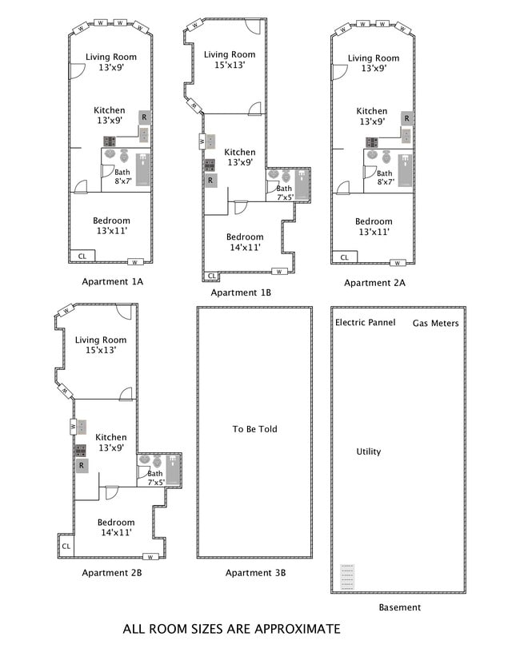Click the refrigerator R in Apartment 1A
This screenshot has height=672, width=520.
tap(144, 117)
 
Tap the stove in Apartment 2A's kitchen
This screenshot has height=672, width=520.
tap(371, 142)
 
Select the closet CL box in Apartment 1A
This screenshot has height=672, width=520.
tap(82, 256)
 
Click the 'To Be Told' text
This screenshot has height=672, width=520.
tap(255, 429)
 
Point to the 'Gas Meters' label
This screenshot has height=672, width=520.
tap(435, 323)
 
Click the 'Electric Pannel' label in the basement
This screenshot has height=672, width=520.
tap(365, 322)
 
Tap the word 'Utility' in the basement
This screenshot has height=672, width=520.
tap(369, 451)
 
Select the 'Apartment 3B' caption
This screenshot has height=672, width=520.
tap(255, 573)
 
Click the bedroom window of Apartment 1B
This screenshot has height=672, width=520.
tap(279, 272)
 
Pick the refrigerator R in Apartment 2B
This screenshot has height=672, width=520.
tap(82, 465)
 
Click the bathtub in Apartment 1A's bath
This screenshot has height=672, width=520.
tap(143, 169)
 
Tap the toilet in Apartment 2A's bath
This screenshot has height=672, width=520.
tap(386, 157)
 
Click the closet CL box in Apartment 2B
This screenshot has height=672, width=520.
tap(66, 546)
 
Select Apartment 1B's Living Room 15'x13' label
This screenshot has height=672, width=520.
tap(230, 60)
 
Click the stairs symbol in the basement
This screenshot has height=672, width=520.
tap(347, 577)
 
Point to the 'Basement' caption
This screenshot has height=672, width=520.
tap(400, 607)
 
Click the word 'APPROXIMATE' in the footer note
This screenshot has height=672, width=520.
tap(298, 629)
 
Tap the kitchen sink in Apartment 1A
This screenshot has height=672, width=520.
tap(144, 134)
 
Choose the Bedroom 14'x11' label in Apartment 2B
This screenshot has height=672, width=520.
tap(116, 527)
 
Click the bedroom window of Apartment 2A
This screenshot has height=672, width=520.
tap(398, 263)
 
